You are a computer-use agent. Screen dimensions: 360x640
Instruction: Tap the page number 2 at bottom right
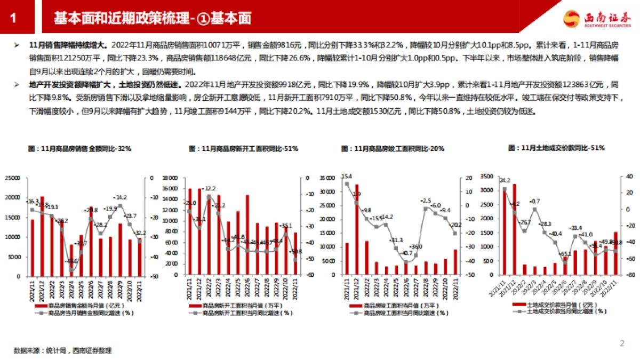click(x=621, y=343)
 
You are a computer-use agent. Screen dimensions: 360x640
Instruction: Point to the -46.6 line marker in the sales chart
click(x=71, y=269)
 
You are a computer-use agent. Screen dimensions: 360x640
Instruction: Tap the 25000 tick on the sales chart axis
click(x=12, y=178)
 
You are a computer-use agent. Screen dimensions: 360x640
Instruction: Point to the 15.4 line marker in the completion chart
click(x=347, y=184)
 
